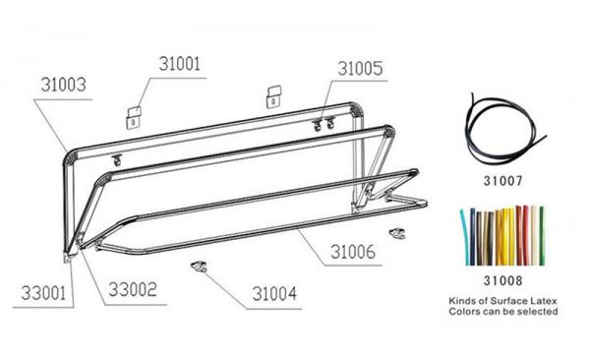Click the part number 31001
[x=179, y=65]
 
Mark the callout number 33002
[x=137, y=291]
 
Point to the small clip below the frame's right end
[x=397, y=232]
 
